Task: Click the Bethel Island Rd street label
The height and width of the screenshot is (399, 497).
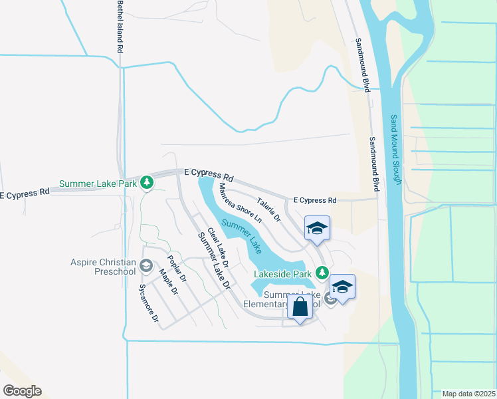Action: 120,27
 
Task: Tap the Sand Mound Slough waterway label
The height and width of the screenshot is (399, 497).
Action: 396,150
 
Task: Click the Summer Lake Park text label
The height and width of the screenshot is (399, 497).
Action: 98,184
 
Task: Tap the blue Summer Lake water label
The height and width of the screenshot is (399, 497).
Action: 241,237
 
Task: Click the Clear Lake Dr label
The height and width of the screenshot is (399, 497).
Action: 218,247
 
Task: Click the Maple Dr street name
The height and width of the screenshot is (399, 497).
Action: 168,281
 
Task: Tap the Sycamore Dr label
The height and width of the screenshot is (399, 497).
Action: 148,302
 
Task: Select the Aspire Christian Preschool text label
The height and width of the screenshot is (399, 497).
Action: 103,267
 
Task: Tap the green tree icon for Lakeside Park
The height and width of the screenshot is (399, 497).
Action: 322,273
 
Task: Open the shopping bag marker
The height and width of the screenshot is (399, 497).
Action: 300,308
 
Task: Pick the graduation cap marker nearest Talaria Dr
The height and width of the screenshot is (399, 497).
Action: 317,228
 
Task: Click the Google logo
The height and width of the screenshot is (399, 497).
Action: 22,391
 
